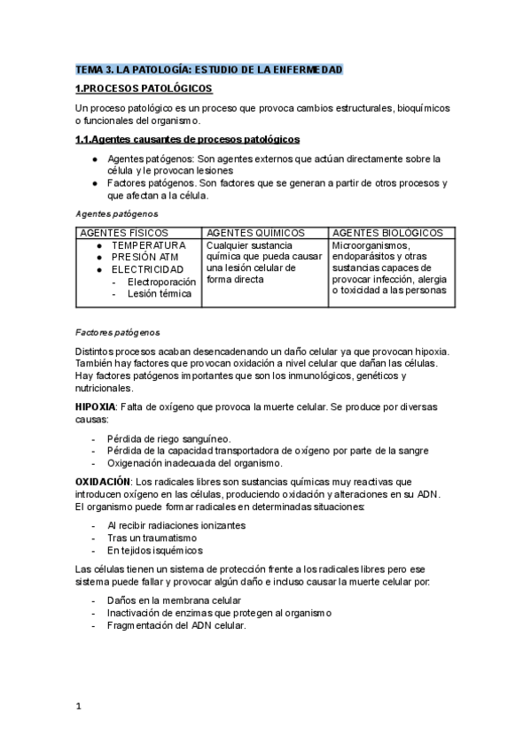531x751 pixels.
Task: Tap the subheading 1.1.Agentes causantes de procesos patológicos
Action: pos(187,139)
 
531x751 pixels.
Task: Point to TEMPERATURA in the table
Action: pos(148,244)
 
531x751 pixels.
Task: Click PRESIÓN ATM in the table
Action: pos(144,257)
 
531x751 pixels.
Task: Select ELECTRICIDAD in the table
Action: pos(147,269)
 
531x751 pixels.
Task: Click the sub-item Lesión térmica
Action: pos(159,293)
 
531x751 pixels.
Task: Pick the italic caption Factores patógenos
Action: pos(118,332)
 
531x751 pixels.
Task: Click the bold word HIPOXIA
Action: pos(96,406)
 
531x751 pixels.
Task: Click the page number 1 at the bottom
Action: pos(78,706)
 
